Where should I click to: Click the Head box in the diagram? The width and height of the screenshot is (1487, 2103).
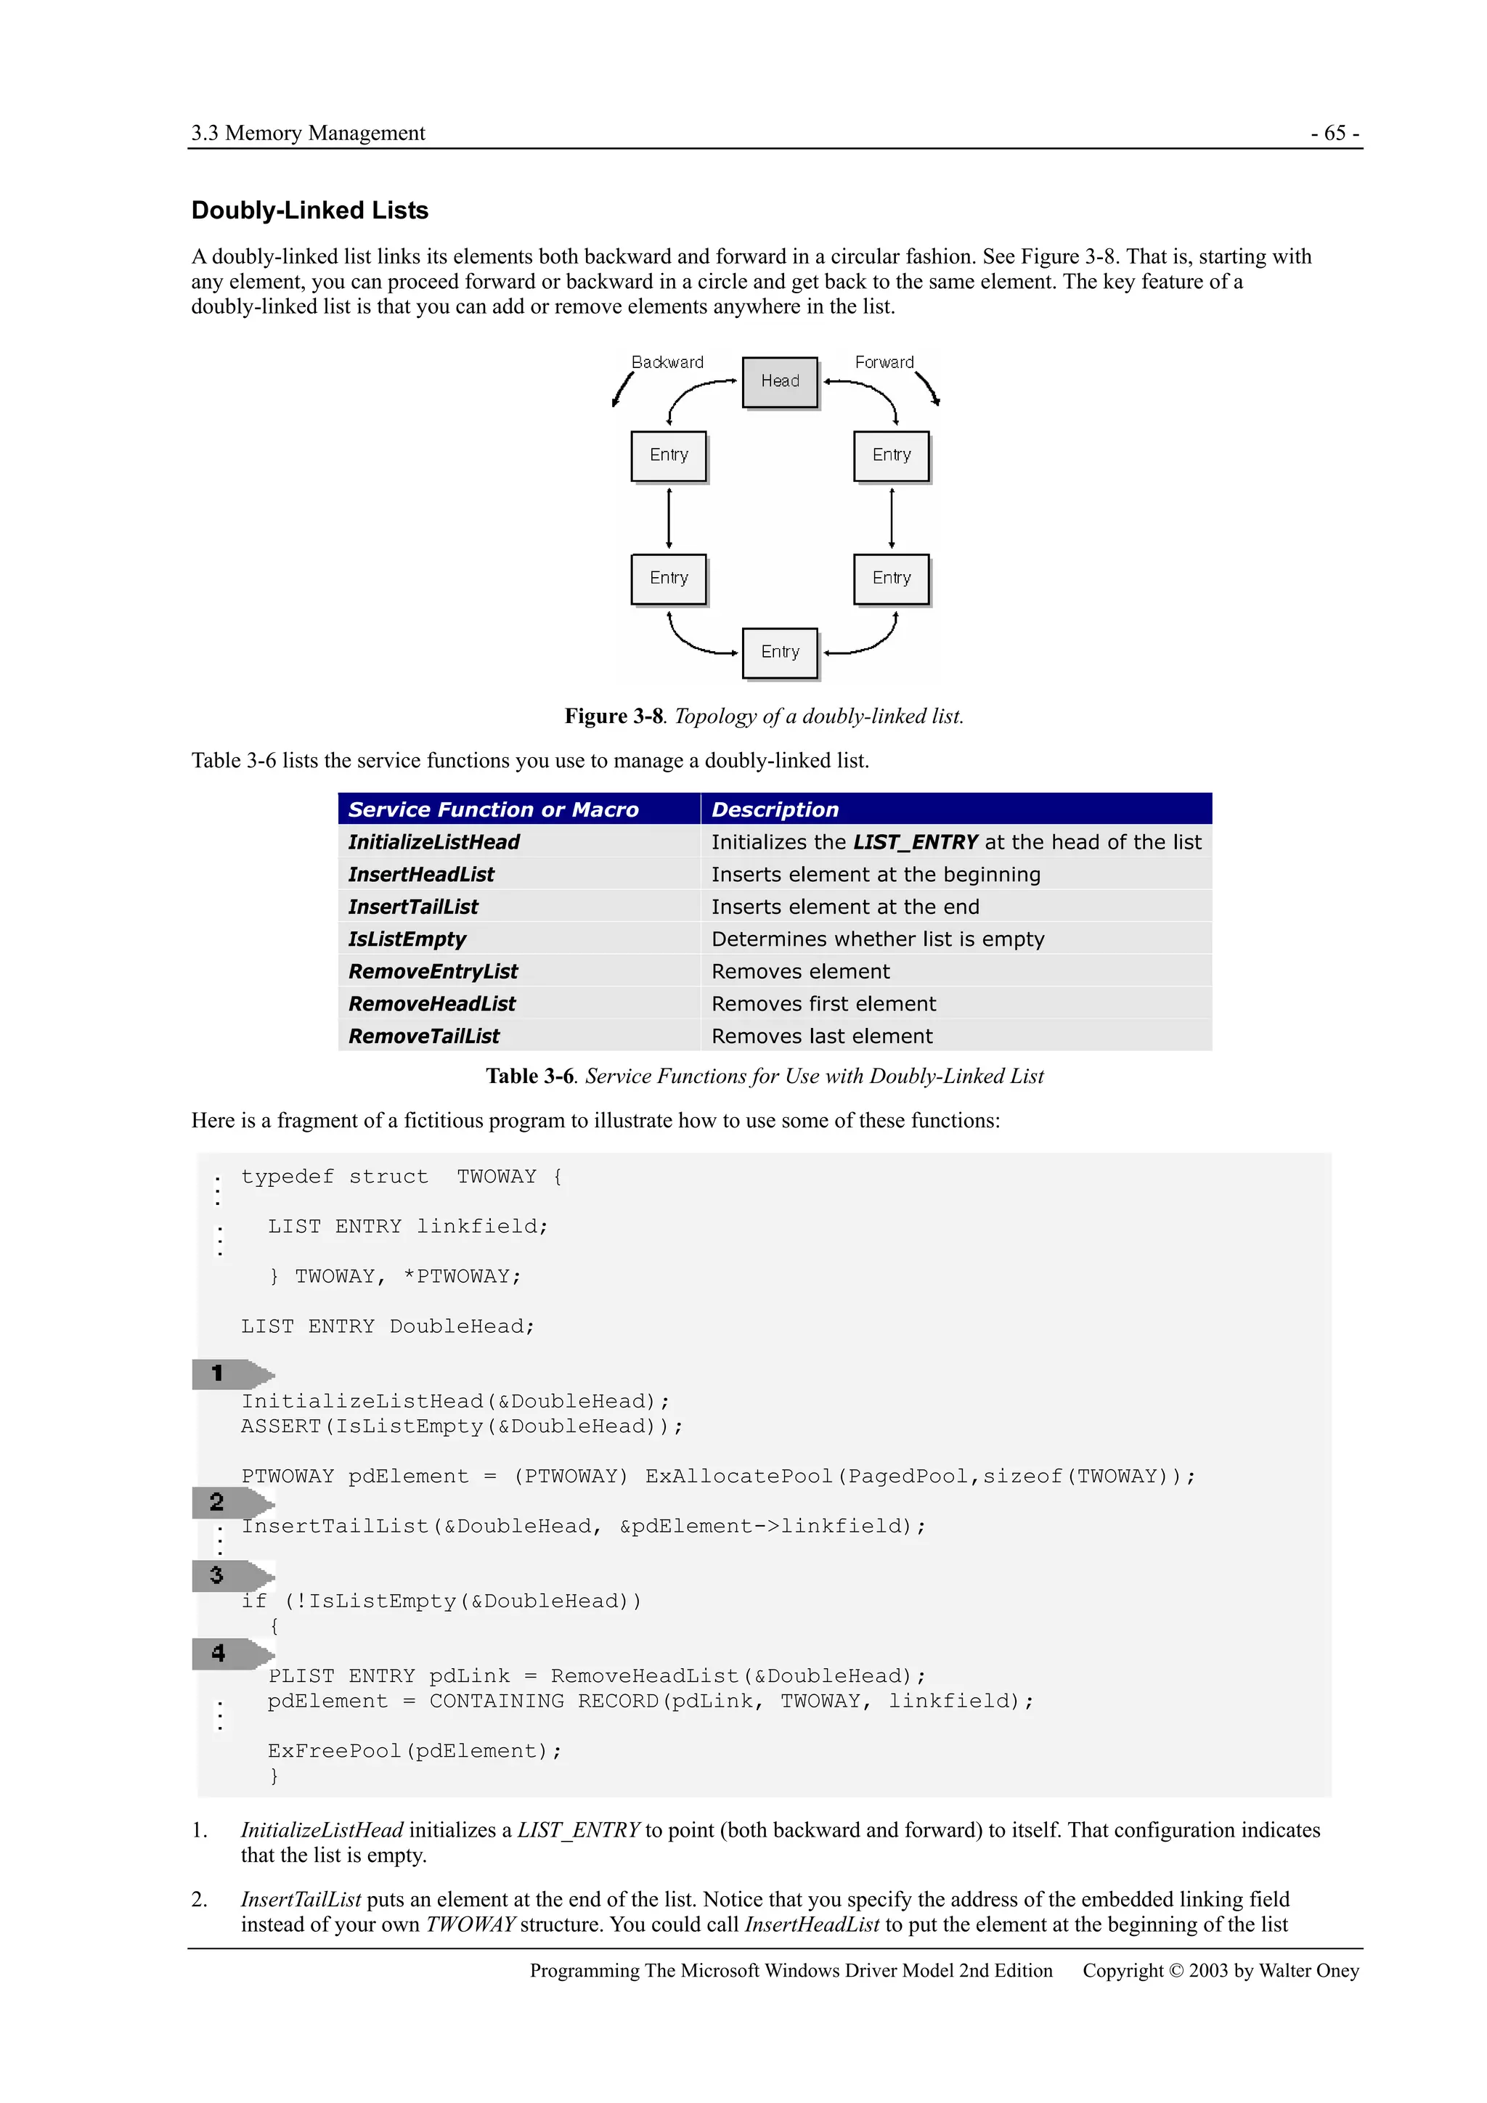[780, 381]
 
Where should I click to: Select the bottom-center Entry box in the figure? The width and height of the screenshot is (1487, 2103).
[780, 652]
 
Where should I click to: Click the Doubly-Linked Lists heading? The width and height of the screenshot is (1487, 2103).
[310, 211]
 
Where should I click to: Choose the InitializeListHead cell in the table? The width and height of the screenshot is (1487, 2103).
[433, 842]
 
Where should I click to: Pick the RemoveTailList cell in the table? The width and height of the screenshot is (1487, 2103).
[423, 1036]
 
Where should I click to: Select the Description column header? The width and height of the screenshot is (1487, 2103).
[775, 809]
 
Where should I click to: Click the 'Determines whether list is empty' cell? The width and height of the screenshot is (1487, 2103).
[878, 939]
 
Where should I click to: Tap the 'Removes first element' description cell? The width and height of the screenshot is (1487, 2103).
[823, 1004]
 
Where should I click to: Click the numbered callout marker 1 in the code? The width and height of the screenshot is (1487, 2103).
[218, 1373]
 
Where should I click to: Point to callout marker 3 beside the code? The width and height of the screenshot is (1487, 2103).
[217, 1575]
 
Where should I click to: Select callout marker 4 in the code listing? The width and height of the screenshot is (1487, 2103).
[218, 1652]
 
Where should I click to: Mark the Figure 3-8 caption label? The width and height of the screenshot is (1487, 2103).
[613, 716]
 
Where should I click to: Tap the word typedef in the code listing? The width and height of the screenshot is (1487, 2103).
[288, 1176]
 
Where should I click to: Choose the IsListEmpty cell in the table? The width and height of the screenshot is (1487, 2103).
[407, 939]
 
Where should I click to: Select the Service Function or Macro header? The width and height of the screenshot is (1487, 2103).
[493, 809]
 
